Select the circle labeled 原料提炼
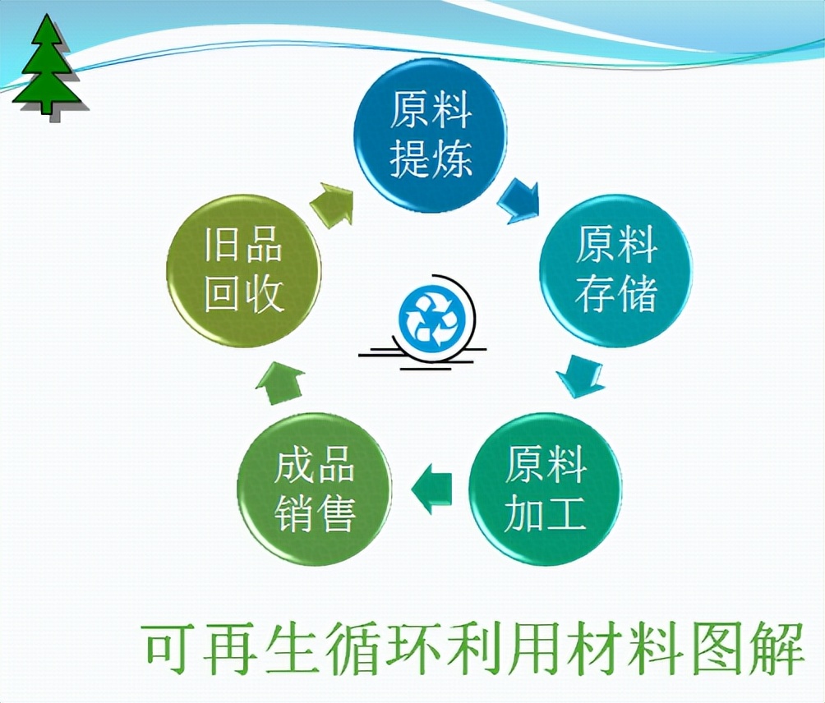(x=430, y=135)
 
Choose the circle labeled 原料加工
(x=545, y=489)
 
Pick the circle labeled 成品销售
(x=314, y=489)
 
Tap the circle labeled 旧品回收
(x=243, y=271)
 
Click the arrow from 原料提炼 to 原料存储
(x=519, y=200)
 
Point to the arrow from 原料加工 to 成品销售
(x=431, y=489)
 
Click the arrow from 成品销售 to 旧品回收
(x=280, y=383)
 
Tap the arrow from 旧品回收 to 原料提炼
(x=331, y=204)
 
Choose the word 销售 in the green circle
(x=315, y=512)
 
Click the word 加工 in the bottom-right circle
(x=545, y=512)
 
